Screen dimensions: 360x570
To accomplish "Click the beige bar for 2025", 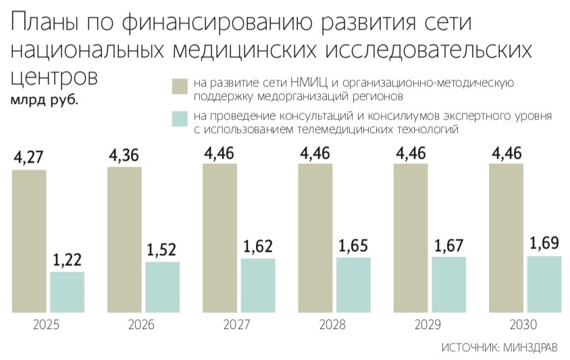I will (x=29, y=240).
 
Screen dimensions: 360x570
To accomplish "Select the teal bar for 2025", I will (x=68, y=292).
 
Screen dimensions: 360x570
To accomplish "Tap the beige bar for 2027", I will (x=219, y=238).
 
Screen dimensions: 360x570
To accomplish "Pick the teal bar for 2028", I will (x=353, y=284).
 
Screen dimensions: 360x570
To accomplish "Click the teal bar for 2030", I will (x=544, y=284).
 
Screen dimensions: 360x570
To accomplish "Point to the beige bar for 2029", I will (x=410, y=238).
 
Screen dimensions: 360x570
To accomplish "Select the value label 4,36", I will (x=124, y=156).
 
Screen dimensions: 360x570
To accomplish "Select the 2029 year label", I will (x=426, y=325).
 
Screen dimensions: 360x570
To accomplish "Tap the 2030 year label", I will (x=522, y=325).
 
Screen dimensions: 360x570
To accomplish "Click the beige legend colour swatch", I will (x=180, y=87).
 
